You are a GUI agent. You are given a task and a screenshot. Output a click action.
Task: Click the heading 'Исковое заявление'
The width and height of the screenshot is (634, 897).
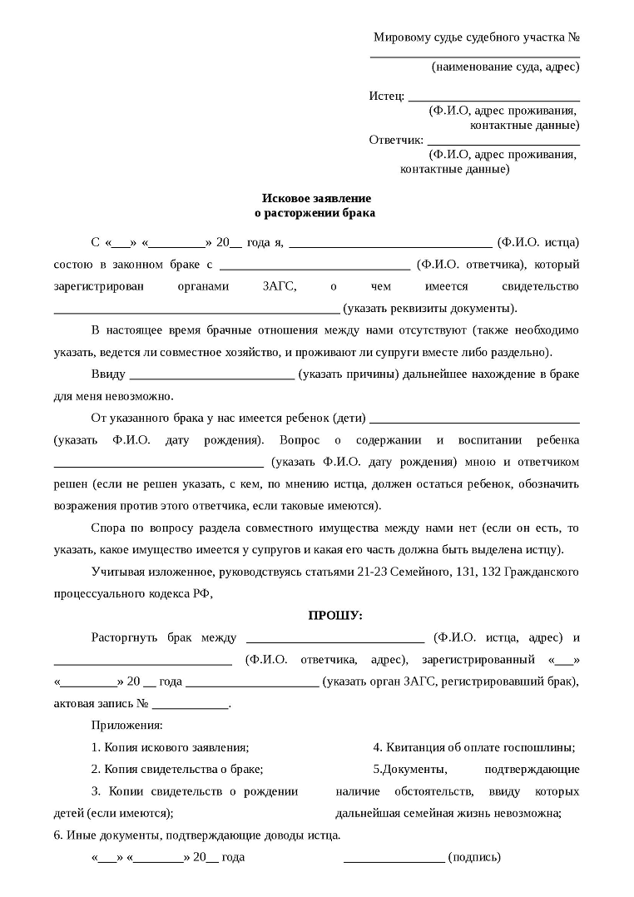[316, 198]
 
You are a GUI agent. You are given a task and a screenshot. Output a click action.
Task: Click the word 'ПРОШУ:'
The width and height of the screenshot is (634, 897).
[335, 616]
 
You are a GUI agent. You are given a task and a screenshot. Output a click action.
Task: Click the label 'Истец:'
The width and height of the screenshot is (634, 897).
[387, 96]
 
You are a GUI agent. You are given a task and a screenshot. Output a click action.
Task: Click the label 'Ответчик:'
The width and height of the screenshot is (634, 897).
[396, 140]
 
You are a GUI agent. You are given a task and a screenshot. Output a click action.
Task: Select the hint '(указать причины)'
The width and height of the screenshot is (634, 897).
[347, 374]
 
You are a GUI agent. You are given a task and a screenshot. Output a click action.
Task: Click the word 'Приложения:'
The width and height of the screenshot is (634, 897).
[127, 726]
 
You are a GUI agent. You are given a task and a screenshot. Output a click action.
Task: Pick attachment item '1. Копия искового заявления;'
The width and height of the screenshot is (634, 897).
[170, 747]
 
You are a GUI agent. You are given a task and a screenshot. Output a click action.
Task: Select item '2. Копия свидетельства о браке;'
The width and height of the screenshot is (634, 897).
[177, 769]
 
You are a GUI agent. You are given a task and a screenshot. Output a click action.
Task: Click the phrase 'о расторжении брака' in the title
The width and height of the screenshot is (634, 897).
[316, 213]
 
